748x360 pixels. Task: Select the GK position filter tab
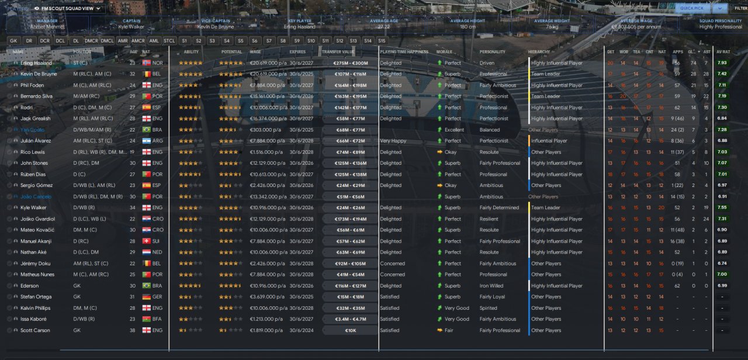tap(13, 41)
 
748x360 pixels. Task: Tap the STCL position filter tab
tap(169, 41)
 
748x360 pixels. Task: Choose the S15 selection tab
tap(382, 41)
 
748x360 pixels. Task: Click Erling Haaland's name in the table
tap(36, 63)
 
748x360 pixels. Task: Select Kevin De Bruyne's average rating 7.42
tap(722, 74)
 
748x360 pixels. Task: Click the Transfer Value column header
tap(338, 52)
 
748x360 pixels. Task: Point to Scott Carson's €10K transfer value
tap(350, 331)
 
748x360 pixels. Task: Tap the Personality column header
tap(492, 52)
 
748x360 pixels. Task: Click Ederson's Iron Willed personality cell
tap(491, 286)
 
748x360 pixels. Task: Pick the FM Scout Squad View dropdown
tap(67, 9)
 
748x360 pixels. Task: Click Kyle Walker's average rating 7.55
tap(722, 207)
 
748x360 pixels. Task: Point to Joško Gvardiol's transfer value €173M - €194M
tap(350, 219)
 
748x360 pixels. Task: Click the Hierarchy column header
tap(539, 52)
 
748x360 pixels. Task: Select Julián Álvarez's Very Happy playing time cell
tap(393, 141)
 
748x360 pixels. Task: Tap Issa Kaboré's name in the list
tap(33, 319)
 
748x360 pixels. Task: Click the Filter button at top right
tap(740, 8)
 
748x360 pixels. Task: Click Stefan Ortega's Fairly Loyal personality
tap(493, 297)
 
